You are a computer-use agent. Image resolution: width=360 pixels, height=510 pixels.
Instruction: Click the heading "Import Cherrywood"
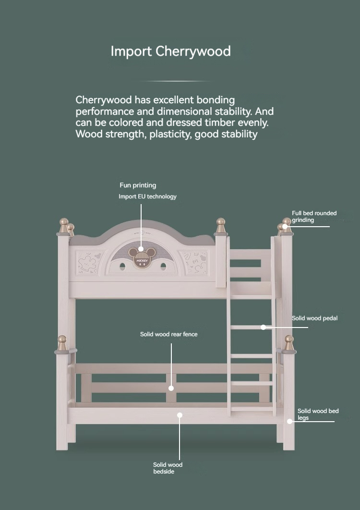click(x=171, y=51)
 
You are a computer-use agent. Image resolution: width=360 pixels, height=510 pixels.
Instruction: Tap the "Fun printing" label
click(x=138, y=185)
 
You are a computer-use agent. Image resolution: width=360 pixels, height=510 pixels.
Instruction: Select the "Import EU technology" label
click(x=148, y=196)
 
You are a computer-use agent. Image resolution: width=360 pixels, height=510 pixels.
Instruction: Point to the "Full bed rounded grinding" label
click(x=314, y=217)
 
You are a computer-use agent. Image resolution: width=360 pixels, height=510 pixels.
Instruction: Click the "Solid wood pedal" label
click(x=314, y=318)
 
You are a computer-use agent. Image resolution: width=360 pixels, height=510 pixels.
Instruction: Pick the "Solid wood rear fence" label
click(x=169, y=334)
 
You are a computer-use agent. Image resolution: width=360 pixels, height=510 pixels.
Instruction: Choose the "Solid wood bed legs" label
click(x=318, y=414)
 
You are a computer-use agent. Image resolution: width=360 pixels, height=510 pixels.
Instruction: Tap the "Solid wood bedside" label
click(x=168, y=468)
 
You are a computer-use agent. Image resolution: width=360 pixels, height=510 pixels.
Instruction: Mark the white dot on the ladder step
click(x=264, y=327)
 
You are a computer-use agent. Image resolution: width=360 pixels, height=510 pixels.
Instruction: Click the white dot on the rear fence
click(x=171, y=388)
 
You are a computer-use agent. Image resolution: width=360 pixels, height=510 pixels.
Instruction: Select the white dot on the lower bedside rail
click(x=180, y=415)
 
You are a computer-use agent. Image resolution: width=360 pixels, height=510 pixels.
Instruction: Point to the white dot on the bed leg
click(x=289, y=422)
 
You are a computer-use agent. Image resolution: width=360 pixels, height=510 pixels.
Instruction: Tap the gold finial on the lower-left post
click(x=62, y=343)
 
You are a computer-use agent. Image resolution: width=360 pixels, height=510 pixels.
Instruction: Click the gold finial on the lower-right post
click(x=289, y=343)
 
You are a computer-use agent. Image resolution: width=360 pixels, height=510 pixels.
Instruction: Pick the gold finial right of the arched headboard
click(x=221, y=225)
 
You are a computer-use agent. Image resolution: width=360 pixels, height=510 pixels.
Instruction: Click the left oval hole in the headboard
click(x=122, y=267)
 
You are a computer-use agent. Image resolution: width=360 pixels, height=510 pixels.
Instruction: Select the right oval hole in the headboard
click(x=163, y=267)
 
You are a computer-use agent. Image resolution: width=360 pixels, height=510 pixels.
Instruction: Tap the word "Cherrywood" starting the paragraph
click(x=104, y=100)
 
